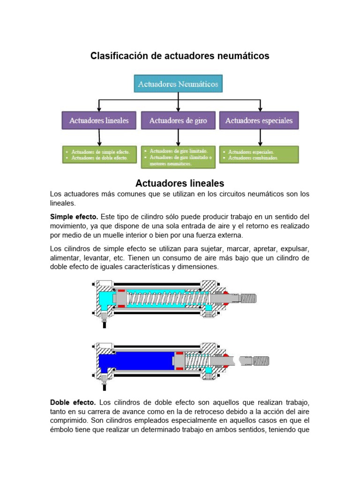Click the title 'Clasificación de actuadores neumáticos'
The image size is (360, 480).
click(x=180, y=56)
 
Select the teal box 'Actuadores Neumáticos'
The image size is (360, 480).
click(x=178, y=84)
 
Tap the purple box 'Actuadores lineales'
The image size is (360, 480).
click(x=99, y=120)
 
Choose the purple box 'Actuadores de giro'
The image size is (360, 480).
click(x=178, y=120)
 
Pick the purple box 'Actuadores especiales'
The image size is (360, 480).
click(x=259, y=120)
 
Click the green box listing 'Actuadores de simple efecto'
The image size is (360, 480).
click(x=99, y=155)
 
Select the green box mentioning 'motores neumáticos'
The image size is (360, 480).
click(x=178, y=157)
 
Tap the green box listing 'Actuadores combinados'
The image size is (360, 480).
click(x=259, y=155)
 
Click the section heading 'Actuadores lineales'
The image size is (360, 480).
click(x=180, y=183)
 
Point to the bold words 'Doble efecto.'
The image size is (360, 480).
click(x=73, y=402)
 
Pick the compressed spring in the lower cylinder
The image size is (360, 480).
click(x=197, y=360)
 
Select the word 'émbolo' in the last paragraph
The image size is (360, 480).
click(x=62, y=429)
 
